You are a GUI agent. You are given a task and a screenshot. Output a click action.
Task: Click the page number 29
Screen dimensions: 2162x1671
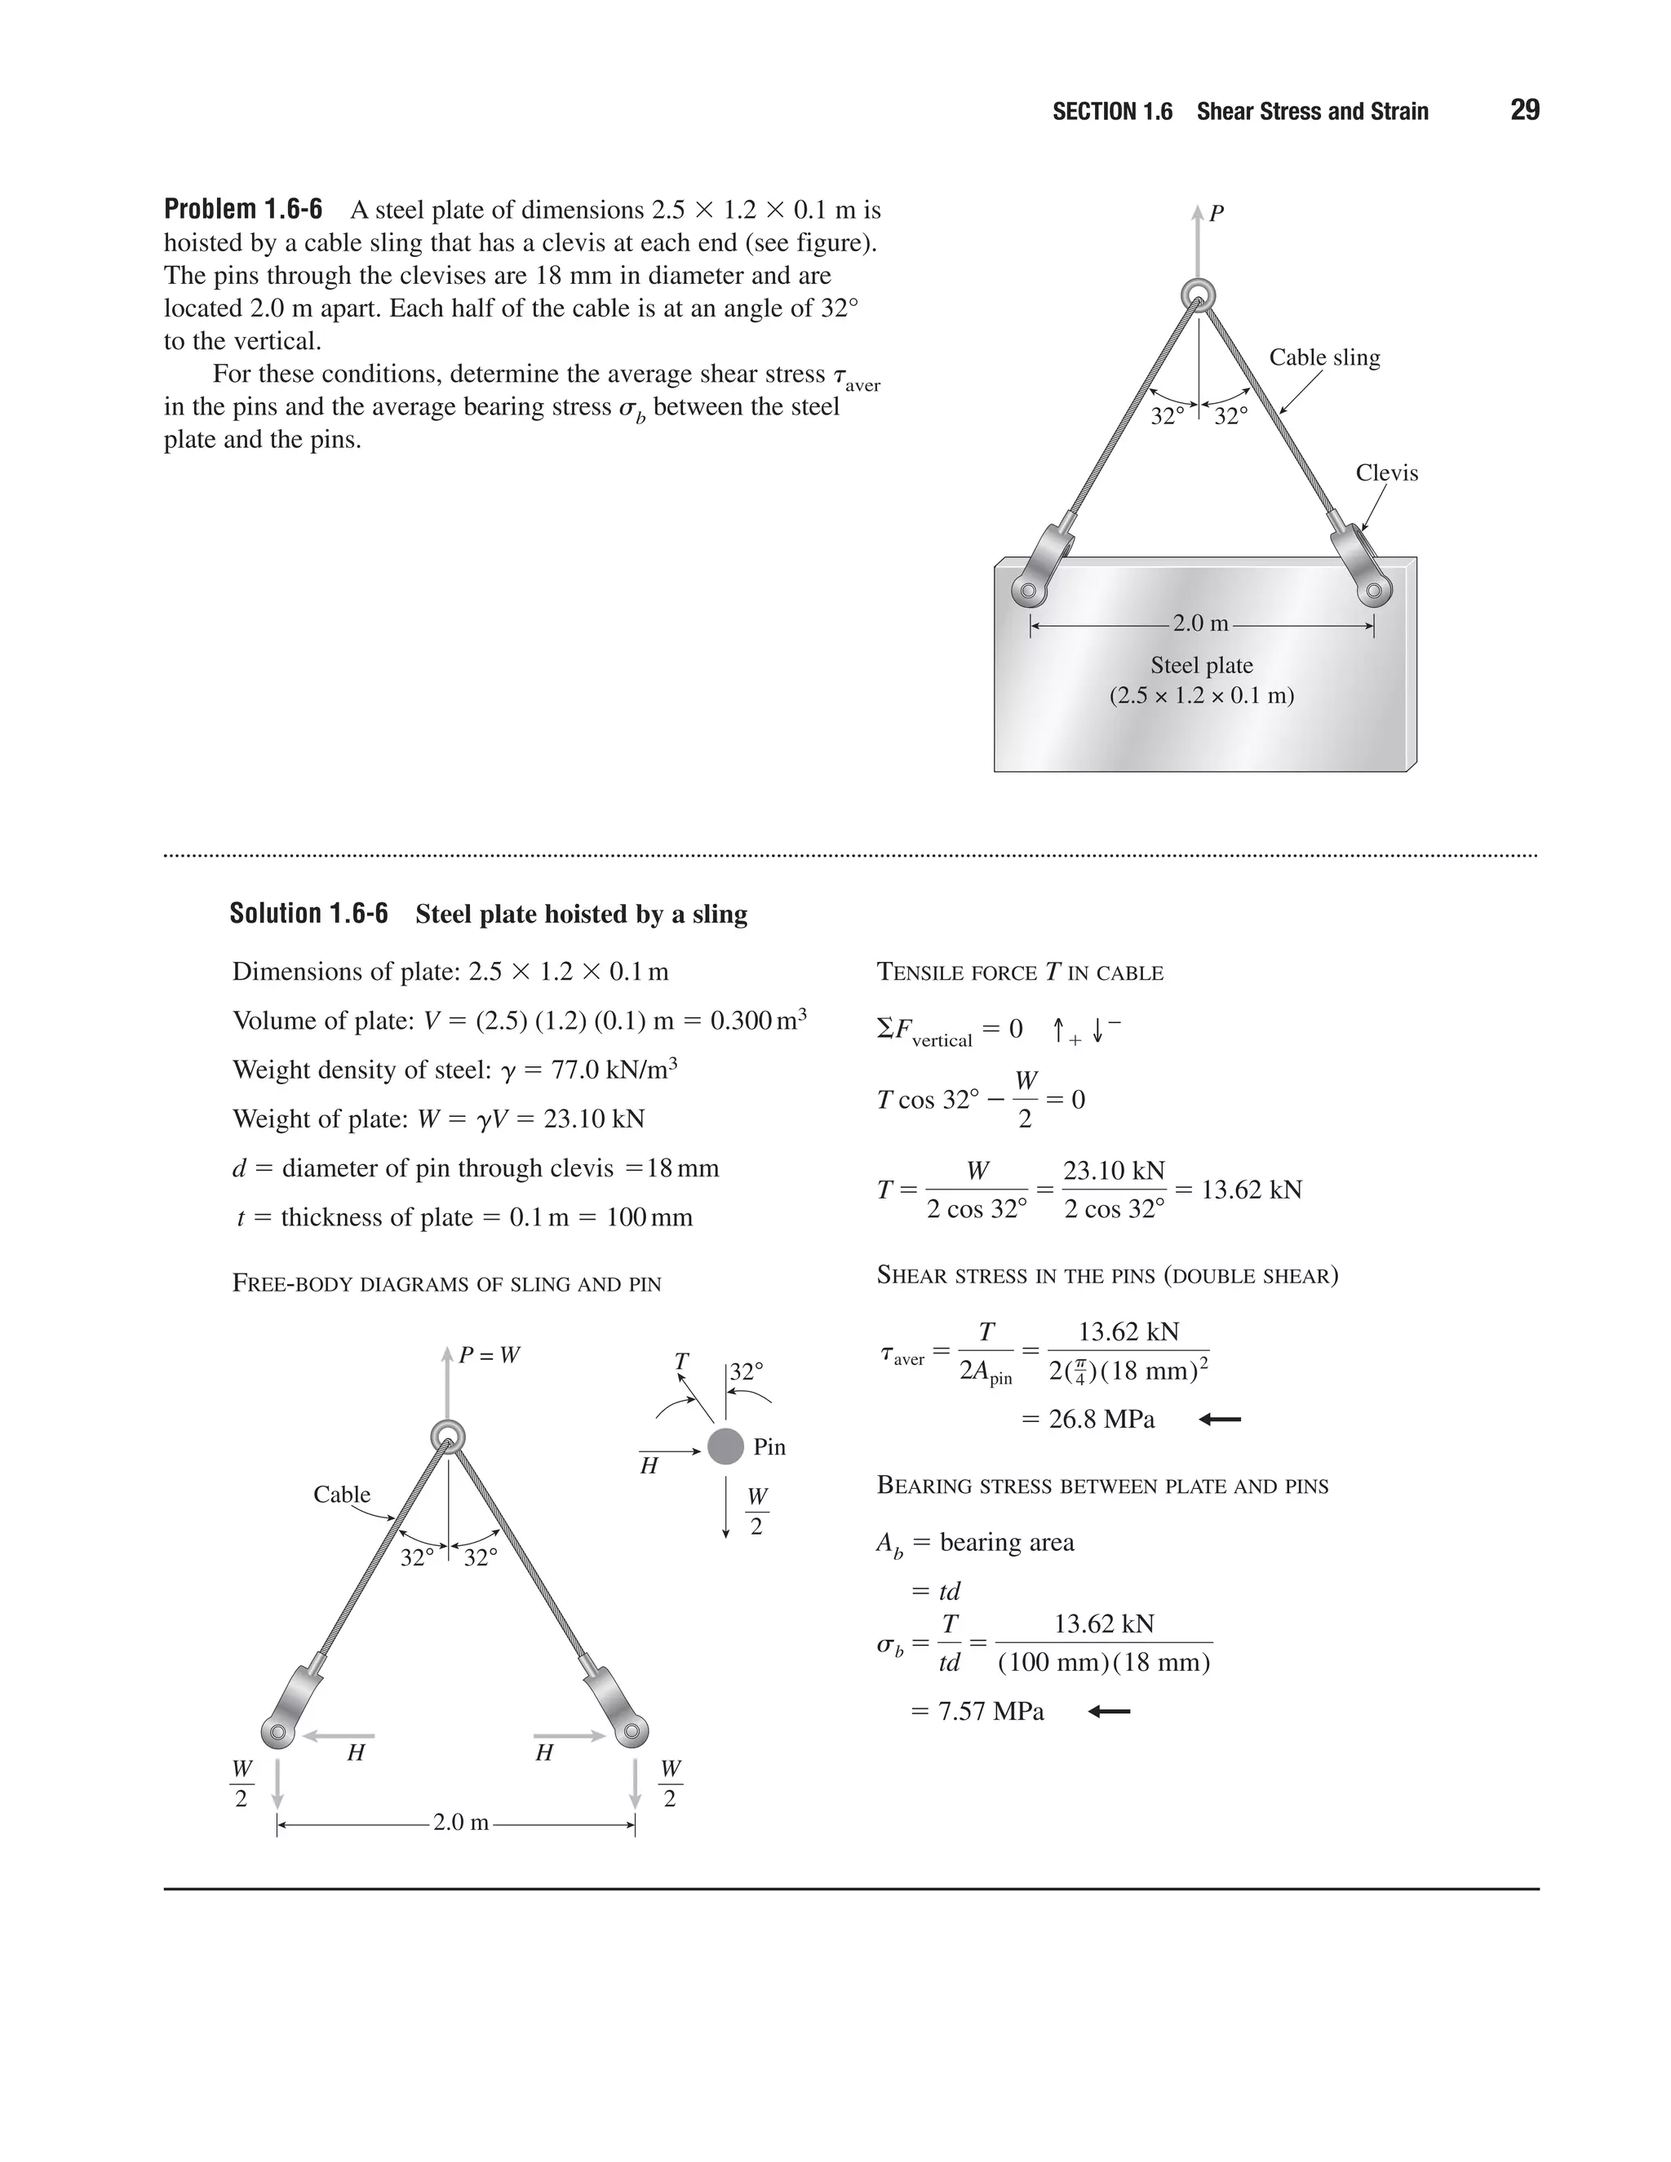pyautogui.click(x=1523, y=110)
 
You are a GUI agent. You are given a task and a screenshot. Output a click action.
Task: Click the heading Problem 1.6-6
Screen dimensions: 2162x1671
pyautogui.click(x=242, y=210)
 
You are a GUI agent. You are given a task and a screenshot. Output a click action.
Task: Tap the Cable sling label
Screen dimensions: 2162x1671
pyautogui.click(x=1323, y=357)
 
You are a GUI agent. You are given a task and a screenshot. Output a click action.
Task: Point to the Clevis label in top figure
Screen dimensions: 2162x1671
pyautogui.click(x=1386, y=473)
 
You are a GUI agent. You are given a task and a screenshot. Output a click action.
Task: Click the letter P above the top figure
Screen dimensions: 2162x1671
pyautogui.click(x=1217, y=213)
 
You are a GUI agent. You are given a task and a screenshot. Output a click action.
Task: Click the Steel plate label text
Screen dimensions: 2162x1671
pyautogui.click(x=1201, y=665)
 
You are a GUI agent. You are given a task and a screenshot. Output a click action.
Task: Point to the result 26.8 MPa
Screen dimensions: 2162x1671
pyautogui.click(x=1101, y=1420)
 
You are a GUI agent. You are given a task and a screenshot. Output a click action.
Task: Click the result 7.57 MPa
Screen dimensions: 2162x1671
pyautogui.click(x=990, y=1712)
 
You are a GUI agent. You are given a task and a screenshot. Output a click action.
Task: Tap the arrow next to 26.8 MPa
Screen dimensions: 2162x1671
pyautogui.click(x=1220, y=1420)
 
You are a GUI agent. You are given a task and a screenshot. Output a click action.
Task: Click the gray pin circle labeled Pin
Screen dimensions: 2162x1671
pyautogui.click(x=725, y=1447)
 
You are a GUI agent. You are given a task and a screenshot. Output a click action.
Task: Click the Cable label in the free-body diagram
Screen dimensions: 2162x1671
pyautogui.click(x=342, y=1495)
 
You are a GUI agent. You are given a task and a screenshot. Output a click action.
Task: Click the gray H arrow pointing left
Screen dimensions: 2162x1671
pyautogui.click(x=339, y=1735)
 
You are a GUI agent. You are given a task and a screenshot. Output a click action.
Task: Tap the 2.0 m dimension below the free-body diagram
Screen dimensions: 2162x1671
pyautogui.click(x=460, y=1823)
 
